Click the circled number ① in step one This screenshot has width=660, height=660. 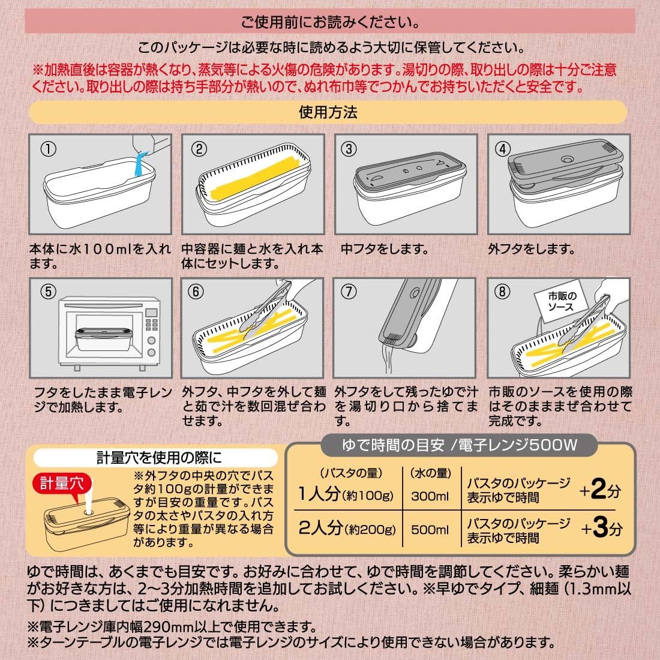point(48,149)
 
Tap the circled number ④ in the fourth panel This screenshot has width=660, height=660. point(503,149)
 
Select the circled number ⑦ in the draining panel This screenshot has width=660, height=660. point(349,292)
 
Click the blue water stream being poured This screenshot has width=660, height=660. point(141,164)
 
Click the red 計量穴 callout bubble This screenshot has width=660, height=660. point(62,485)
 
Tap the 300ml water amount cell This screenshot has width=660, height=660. point(430,496)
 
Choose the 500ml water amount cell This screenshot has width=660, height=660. point(430,530)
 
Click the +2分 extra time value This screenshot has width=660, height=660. point(600,490)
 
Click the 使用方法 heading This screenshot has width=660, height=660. point(328,112)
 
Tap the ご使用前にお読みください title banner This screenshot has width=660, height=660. point(329,21)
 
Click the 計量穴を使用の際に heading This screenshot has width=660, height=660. point(158,458)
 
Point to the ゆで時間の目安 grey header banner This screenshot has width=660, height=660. point(459,445)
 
